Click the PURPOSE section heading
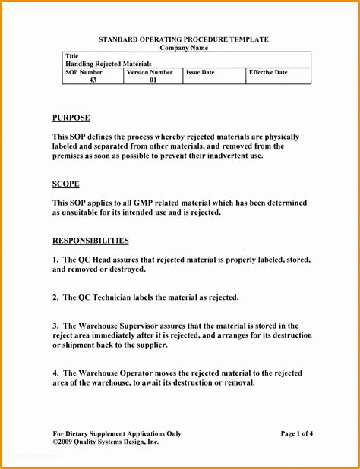71,118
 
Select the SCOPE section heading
65,184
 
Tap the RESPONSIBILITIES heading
90,241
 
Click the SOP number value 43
93,80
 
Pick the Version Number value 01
153,80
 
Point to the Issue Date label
201,72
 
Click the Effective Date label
268,72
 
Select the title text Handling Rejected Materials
109,64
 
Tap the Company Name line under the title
184,48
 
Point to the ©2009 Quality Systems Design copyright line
106,441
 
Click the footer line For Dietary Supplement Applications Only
116,433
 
